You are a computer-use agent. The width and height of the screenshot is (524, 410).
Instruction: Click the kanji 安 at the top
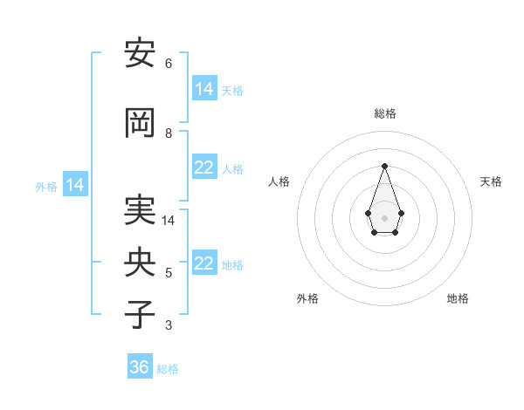pos(140,54)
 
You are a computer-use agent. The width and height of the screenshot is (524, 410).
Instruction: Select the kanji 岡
pos(140,123)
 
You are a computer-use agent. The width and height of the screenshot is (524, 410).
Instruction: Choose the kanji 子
pos(140,314)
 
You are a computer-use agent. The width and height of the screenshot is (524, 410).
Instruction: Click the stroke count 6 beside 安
pos(168,64)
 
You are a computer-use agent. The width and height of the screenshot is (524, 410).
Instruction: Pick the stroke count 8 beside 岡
pos(168,133)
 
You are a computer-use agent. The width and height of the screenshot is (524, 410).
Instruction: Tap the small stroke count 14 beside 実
pos(169,221)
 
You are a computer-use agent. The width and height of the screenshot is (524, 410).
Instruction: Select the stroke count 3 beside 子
pos(168,325)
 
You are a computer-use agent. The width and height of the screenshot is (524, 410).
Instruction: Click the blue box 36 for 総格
pos(140,367)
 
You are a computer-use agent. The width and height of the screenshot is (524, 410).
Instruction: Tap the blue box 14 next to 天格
pos(204,89)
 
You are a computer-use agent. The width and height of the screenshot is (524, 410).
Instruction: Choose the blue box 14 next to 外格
pos(75,185)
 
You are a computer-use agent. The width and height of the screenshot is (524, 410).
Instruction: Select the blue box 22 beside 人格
pos(204,167)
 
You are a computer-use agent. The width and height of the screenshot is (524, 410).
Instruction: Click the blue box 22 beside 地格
pos(204,263)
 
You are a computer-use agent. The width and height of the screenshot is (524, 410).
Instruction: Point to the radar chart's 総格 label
pos(384,114)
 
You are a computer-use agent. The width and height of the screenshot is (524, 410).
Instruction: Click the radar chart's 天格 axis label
pos(491,181)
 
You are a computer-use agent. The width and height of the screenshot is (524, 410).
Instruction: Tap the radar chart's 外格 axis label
pos(307,299)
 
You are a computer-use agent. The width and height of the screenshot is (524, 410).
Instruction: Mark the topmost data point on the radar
pos(384,166)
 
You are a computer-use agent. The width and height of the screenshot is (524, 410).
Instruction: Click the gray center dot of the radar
pos(384,217)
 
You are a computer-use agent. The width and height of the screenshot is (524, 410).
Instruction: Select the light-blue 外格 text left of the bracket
pos(46,187)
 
